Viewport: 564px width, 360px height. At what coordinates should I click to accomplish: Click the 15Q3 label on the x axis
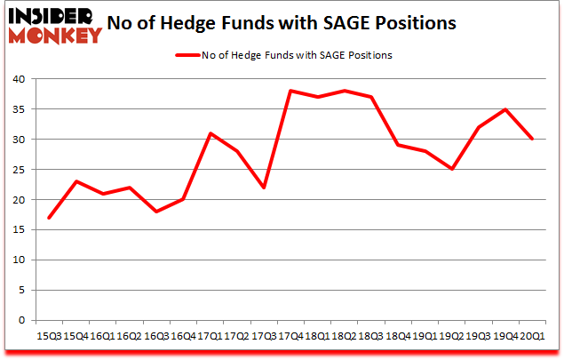point(48,335)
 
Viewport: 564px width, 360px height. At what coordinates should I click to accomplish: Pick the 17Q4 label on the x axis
point(290,335)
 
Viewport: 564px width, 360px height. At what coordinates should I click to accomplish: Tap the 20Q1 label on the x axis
point(533,335)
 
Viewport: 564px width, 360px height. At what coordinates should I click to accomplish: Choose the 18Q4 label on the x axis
point(398,335)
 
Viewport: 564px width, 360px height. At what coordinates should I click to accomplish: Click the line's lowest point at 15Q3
point(48,218)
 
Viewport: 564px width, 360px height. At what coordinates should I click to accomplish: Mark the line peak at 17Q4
point(290,91)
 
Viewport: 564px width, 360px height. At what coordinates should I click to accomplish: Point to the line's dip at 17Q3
point(264,188)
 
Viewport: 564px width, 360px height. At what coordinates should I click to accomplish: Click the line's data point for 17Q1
point(210,133)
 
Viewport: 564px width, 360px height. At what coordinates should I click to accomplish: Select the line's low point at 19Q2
point(452,169)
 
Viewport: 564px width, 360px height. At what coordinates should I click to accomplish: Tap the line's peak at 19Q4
point(506,109)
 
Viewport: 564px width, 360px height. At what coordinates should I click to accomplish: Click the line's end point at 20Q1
point(533,140)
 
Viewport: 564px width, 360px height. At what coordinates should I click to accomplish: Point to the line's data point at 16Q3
point(155,212)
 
